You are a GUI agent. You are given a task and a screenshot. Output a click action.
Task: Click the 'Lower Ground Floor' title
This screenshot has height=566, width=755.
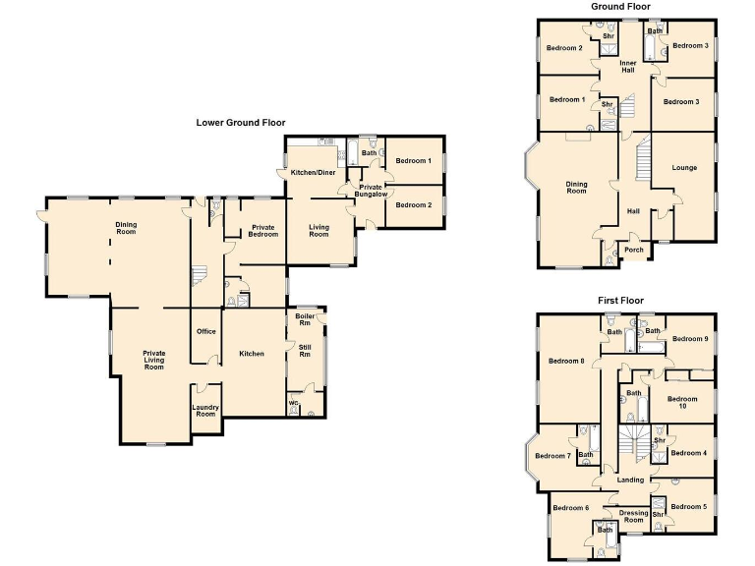point(241,123)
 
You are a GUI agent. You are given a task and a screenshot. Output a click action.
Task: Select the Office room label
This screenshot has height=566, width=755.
point(205,331)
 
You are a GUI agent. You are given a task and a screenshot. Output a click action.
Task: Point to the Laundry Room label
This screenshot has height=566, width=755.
point(205,411)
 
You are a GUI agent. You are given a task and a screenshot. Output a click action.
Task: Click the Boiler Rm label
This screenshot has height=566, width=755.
point(305,319)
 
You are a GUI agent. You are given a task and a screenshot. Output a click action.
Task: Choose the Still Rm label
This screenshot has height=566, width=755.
point(305,351)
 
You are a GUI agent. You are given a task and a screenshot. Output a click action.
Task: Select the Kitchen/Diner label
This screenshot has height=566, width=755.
point(312,173)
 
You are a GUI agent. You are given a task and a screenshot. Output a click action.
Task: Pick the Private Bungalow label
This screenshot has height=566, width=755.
point(370,191)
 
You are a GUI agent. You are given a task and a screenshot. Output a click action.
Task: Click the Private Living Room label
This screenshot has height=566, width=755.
point(153,360)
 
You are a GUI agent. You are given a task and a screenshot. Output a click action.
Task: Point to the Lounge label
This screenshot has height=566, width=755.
point(684,168)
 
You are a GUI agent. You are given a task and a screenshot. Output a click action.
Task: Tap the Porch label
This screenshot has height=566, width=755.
point(634,250)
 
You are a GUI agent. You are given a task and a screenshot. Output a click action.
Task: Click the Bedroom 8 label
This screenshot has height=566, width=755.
point(567,361)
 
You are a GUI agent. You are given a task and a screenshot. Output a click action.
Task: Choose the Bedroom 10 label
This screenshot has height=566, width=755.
point(681,403)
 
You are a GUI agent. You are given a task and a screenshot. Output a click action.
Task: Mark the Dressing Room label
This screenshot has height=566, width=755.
point(634,516)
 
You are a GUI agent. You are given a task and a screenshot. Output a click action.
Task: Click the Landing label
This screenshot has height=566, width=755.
point(630,481)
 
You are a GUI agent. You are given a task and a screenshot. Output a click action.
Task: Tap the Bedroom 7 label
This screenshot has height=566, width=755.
point(552,456)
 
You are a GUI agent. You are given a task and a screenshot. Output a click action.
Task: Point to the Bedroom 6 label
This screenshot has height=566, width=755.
point(570,508)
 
